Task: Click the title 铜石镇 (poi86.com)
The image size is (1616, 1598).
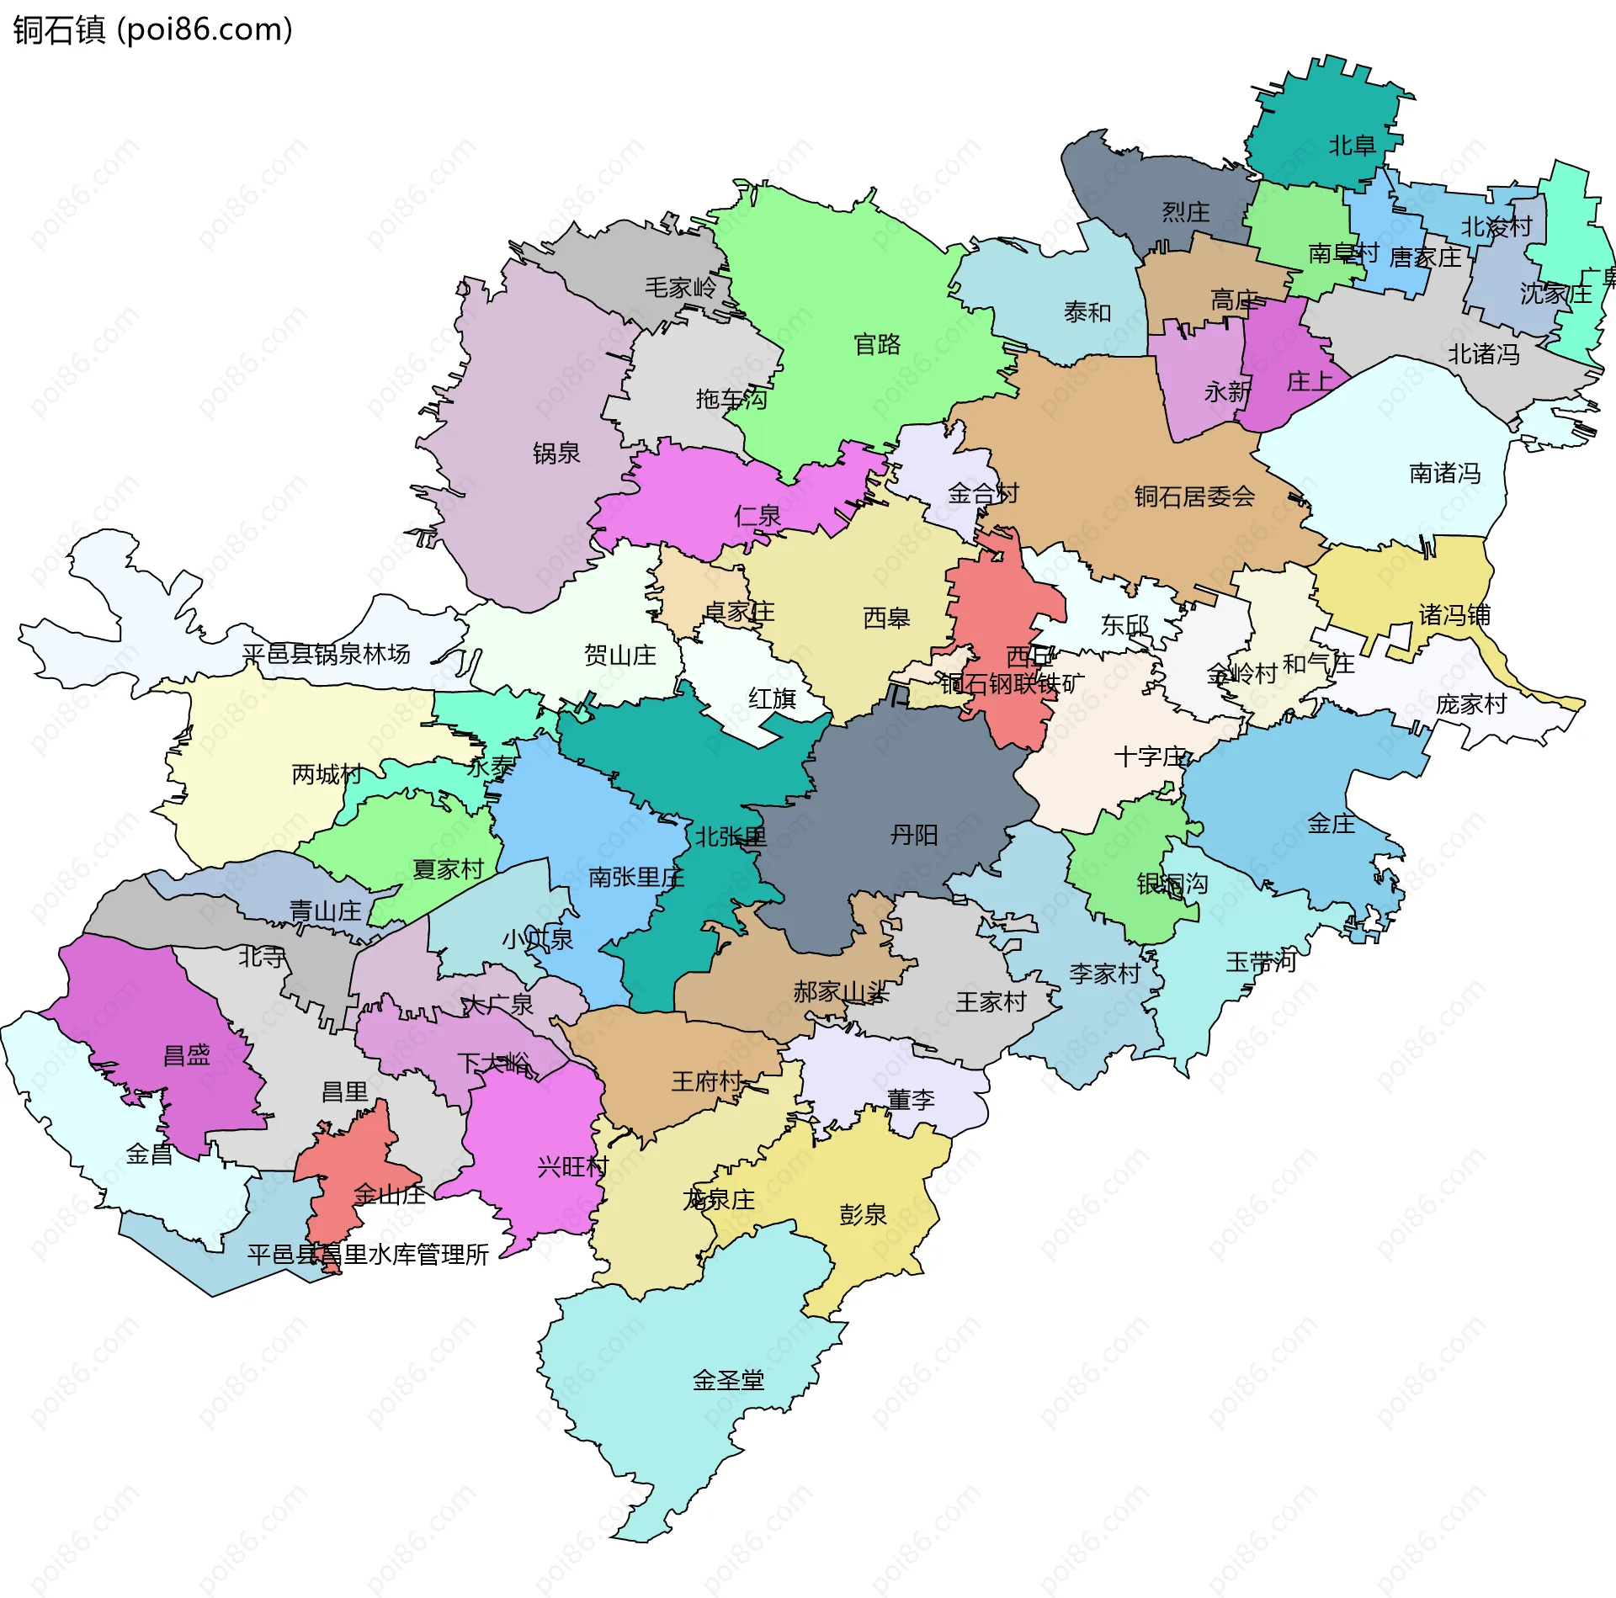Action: [152, 30]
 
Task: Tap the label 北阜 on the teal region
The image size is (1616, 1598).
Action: [1352, 146]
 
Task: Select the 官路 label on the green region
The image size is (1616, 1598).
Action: [877, 344]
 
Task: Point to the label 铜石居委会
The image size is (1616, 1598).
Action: [1193, 496]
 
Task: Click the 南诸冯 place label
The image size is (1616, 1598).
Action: [1444, 473]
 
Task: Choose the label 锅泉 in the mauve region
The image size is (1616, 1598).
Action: [556, 453]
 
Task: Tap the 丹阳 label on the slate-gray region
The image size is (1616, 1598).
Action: [914, 835]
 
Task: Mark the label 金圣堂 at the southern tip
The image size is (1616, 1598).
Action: [728, 1380]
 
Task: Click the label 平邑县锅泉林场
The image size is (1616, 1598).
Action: [326, 654]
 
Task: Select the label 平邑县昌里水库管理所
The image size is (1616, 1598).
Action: [368, 1255]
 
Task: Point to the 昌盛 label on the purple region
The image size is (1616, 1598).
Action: [186, 1055]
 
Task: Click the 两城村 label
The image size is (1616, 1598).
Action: [327, 774]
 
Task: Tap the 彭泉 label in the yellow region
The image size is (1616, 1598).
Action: [863, 1214]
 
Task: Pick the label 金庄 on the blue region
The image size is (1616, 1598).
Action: [1331, 824]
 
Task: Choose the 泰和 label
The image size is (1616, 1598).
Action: [1087, 312]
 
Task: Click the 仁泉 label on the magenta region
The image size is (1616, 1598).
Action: [757, 515]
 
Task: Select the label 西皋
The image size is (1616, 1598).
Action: [886, 618]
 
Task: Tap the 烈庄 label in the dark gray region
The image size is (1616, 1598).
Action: [1185, 211]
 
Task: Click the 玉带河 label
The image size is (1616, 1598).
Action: [1260, 961]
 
